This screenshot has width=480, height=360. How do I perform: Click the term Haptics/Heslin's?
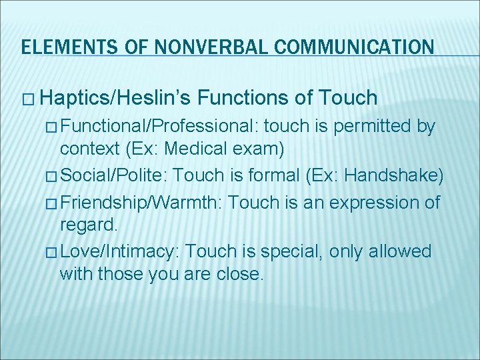[116, 99]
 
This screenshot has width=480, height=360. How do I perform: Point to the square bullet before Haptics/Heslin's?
[28, 99]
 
